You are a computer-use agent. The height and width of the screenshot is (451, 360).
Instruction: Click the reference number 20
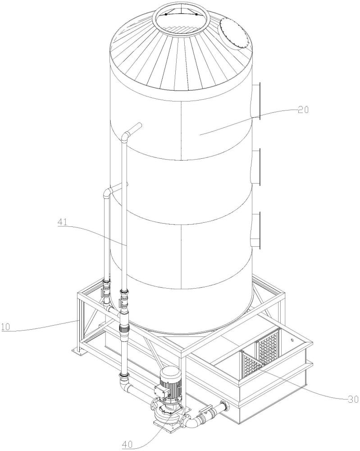[x=302, y=110]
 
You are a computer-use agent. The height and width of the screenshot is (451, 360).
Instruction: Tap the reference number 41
[x=63, y=222]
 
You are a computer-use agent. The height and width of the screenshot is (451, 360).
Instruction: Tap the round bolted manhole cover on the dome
[x=234, y=34]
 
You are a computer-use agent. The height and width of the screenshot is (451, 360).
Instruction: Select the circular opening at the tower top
[x=182, y=21]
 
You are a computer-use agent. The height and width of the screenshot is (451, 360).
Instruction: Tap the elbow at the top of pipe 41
[x=126, y=135]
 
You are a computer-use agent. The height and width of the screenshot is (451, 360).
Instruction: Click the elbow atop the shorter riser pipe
[x=107, y=192]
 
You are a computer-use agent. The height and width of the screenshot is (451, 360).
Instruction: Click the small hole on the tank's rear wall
[x=292, y=340]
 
